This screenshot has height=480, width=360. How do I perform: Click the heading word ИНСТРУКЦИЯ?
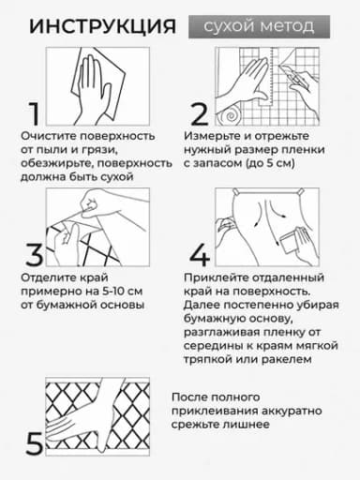pyautogui.click(x=102, y=26)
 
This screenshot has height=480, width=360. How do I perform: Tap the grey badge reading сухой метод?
pyautogui.click(x=259, y=27)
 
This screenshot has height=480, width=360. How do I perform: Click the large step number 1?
pyautogui.click(x=34, y=113)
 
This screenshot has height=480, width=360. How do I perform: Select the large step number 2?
pyautogui.click(x=199, y=113)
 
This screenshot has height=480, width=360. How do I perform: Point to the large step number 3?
pyautogui.click(x=35, y=255)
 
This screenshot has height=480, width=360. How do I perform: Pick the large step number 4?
pyautogui.click(x=200, y=255)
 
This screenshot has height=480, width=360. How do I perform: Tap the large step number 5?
pyautogui.click(x=34, y=443)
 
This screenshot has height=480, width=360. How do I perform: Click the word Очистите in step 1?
pyautogui.click(x=49, y=136)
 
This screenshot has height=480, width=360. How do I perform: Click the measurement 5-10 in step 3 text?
pyautogui.click(x=114, y=292)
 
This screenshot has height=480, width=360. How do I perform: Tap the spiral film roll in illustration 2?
pyautogui.click(x=230, y=116)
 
